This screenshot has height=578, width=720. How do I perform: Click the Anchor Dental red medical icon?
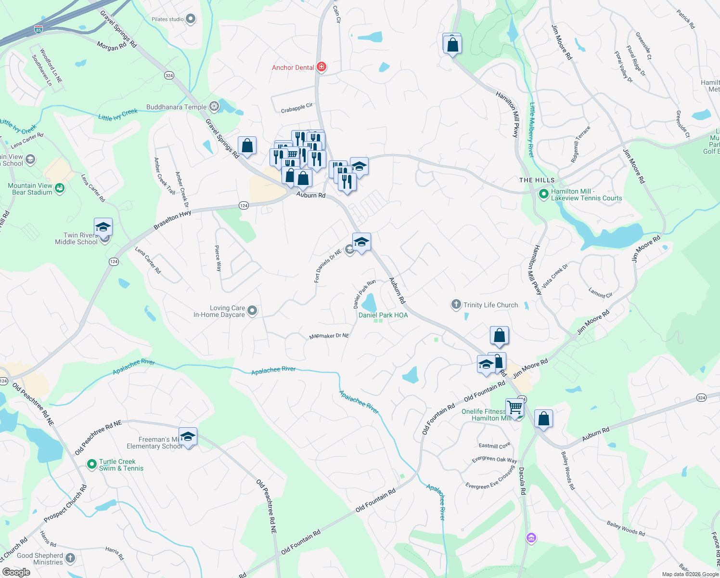click(321, 67)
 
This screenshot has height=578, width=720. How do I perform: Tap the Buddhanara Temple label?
click(176, 107)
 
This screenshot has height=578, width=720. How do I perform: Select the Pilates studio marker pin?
click(191, 19)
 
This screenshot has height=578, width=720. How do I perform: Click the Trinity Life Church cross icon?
click(456, 304)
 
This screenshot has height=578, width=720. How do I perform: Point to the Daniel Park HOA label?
click(383, 315)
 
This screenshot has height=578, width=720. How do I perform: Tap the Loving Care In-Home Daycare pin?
click(252, 311)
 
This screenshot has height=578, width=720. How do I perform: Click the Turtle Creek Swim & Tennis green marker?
click(91, 464)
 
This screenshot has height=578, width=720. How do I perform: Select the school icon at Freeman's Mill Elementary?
click(188, 436)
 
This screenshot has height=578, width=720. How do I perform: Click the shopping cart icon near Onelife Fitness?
click(514, 407)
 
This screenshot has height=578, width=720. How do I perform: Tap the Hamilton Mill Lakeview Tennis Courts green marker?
click(543, 194)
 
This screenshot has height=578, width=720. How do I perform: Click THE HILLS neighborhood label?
click(537, 180)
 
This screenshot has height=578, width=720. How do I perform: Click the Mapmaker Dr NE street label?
click(329, 336)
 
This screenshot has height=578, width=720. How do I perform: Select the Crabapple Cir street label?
click(296, 108)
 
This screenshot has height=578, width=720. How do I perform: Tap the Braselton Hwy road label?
click(172, 220)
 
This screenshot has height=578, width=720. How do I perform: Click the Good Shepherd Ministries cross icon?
click(70, 558)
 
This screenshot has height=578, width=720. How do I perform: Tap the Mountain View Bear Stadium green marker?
click(60, 188)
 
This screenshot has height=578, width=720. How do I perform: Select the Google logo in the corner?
click(16, 572)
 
